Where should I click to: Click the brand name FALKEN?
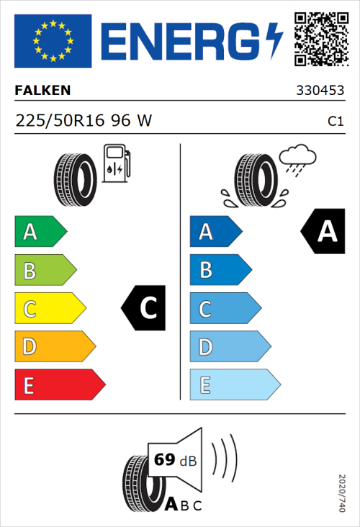click(x=43, y=91)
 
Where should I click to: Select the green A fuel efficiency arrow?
click(x=40, y=232)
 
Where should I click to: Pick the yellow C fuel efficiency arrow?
click(x=49, y=309)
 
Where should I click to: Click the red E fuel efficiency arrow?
click(x=59, y=385)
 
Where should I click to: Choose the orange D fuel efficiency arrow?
click(x=54, y=347)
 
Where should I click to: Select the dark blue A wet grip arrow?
click(x=215, y=232)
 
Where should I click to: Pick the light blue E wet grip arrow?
click(x=234, y=385)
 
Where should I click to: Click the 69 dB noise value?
click(x=172, y=460)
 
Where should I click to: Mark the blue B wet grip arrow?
click(x=220, y=270)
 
